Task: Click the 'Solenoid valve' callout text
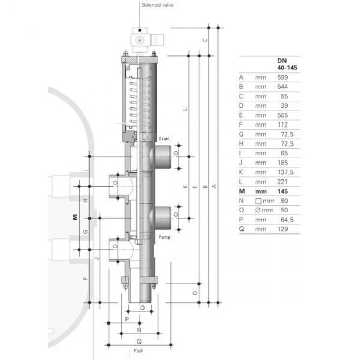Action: (x=157, y=5)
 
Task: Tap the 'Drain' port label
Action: (x=164, y=139)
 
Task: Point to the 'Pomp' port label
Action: (x=164, y=237)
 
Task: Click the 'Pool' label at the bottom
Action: (x=138, y=351)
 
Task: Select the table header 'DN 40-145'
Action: (x=287, y=64)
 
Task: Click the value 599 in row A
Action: (x=283, y=77)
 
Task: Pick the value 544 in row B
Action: (x=283, y=87)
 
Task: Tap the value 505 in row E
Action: (x=283, y=115)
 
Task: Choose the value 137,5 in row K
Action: (x=285, y=172)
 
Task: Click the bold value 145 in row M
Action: (x=283, y=191)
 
